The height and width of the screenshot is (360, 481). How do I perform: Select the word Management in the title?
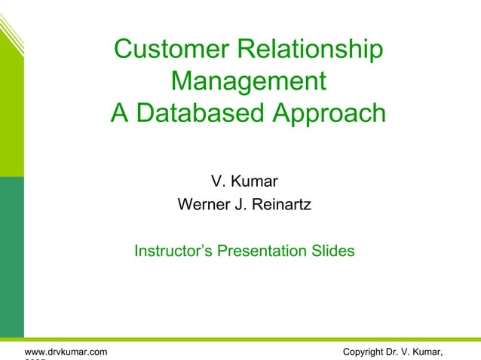pos(248,81)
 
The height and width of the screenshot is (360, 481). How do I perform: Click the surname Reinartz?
pos(279,204)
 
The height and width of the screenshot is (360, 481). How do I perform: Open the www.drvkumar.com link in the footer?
pos(66,352)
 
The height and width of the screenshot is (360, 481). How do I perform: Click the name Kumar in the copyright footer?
pos(426,352)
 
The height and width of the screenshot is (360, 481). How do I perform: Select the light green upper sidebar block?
pos(11,113)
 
